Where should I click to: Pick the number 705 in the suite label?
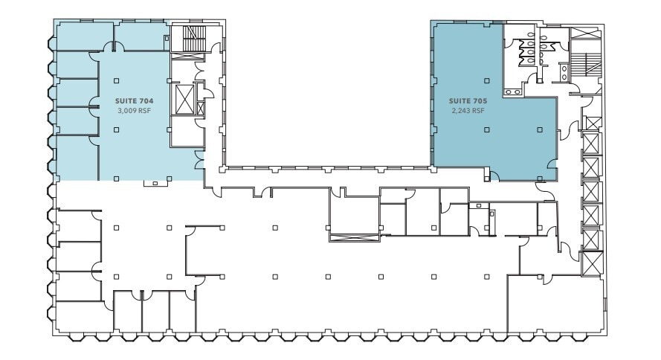pyautogui.click(x=477, y=100)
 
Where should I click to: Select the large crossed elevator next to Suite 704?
pyautogui.click(x=183, y=98)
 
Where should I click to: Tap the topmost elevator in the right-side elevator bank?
pyautogui.click(x=592, y=123)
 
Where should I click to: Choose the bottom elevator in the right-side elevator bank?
pyautogui.click(x=593, y=262)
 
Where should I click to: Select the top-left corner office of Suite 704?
pyautogui.click(x=84, y=35)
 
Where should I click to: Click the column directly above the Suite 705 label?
pyautogui.click(x=487, y=80)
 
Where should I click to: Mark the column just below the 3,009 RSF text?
pyautogui.click(x=117, y=129)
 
